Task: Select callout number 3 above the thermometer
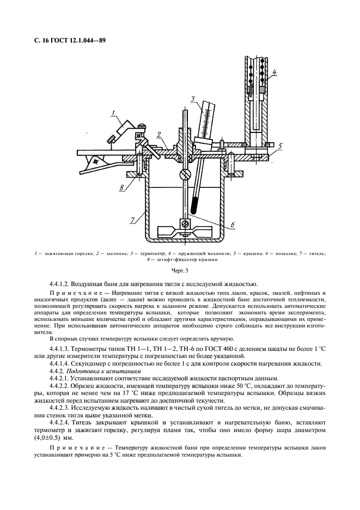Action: [x=193, y=99]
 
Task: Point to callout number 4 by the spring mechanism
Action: [x=275, y=72]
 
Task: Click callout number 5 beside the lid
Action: [x=280, y=146]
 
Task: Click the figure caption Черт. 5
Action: [x=179, y=270]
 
